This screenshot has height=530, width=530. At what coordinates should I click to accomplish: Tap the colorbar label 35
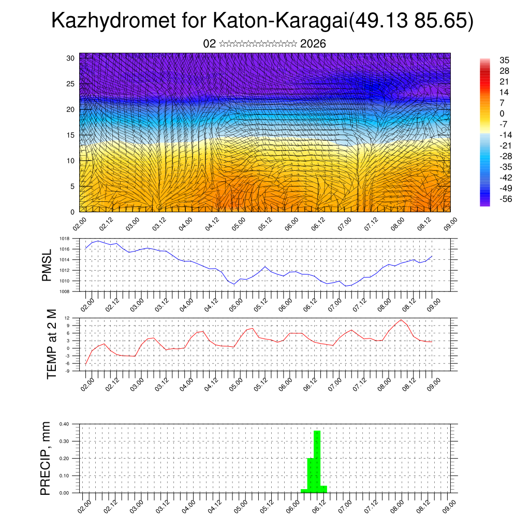(505, 60)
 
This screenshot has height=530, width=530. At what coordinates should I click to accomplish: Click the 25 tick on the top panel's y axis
(71, 83)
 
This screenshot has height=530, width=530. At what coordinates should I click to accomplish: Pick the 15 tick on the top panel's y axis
(71, 135)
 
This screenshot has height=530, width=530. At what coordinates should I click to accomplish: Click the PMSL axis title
(47, 266)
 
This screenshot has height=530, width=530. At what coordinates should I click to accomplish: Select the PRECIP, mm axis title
(47, 458)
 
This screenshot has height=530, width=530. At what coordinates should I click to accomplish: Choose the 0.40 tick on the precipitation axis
(64, 424)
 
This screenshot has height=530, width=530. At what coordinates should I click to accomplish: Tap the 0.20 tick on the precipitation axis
(64, 459)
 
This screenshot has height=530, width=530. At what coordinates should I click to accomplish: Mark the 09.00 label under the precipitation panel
(448, 505)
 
